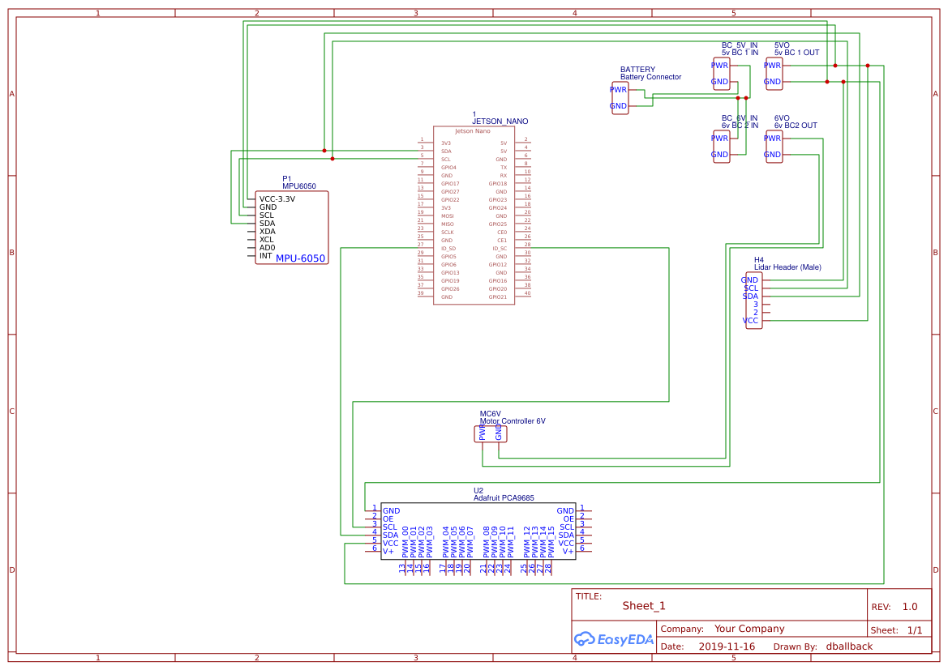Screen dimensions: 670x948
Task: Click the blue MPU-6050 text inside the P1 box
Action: [x=300, y=258]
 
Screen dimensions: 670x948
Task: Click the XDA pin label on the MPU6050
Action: [x=267, y=232]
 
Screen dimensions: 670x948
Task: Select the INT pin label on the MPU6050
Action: [x=265, y=256]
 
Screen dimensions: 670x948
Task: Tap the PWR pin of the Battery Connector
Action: [x=618, y=89]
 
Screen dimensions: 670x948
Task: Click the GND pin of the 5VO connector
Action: [x=772, y=82]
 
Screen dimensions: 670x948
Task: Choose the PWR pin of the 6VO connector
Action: [x=772, y=138]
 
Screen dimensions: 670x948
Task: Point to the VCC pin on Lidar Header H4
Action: [x=751, y=321]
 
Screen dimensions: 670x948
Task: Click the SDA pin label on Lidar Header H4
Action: [x=751, y=297]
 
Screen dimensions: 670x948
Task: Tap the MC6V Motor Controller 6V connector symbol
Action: [x=490, y=434]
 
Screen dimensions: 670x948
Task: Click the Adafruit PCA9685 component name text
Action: [x=503, y=498]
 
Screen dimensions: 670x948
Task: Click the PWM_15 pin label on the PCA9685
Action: [x=551, y=541]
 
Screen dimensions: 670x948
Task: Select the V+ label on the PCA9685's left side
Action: [x=388, y=551]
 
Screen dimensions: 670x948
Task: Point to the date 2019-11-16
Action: [x=726, y=647]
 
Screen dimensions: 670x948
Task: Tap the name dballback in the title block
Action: [x=849, y=647]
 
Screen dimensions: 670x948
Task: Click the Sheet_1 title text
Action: [x=644, y=606]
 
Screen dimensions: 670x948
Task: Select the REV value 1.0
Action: [x=909, y=607]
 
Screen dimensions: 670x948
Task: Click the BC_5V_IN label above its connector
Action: [x=739, y=45]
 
